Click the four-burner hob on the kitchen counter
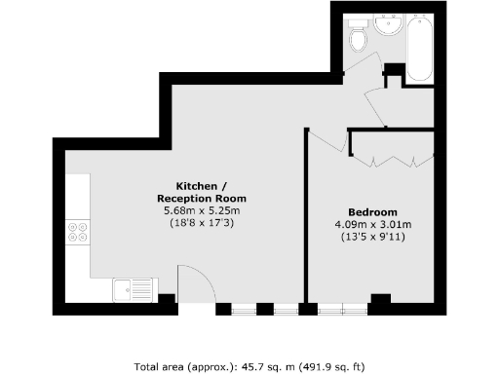click(77, 235)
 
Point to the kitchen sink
click(133, 289)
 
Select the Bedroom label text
click(372, 212)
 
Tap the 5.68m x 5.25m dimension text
click(201, 210)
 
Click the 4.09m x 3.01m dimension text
click(372, 225)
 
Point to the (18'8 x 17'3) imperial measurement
click(201, 223)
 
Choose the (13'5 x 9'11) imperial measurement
click(372, 237)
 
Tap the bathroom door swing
click(363, 70)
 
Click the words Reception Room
click(201, 198)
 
